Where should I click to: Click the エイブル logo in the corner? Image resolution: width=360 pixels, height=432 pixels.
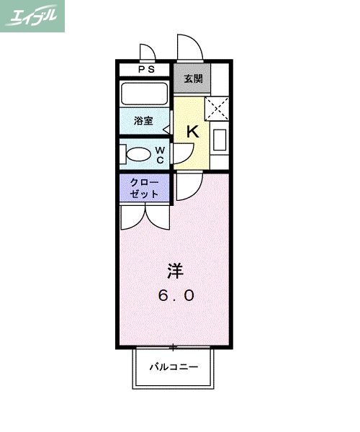pos(33,16)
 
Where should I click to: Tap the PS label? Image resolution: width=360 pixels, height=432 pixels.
pos(146,70)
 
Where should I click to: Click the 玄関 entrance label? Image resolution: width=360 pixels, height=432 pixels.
pos(192,78)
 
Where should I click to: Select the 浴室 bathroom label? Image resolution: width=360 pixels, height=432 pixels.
pos(143,121)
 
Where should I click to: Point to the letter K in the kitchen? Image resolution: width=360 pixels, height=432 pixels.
pos(192,132)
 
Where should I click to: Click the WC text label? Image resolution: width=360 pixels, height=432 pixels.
pos(161,155)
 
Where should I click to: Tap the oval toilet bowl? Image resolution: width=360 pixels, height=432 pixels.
pos(135,154)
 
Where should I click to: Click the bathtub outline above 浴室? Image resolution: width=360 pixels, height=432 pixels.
pos(145,94)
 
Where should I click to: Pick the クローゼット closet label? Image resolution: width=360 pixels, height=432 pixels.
pos(145,189)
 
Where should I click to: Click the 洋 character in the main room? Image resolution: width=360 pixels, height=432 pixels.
pos(175,271)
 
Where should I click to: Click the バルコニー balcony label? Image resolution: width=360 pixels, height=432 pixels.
pos(174,367)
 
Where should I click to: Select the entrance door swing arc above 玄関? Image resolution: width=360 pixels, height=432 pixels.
pos(189,48)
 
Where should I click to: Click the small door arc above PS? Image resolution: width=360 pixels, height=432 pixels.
pos(147,53)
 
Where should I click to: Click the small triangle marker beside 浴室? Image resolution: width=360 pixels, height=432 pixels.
pos(166,130)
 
